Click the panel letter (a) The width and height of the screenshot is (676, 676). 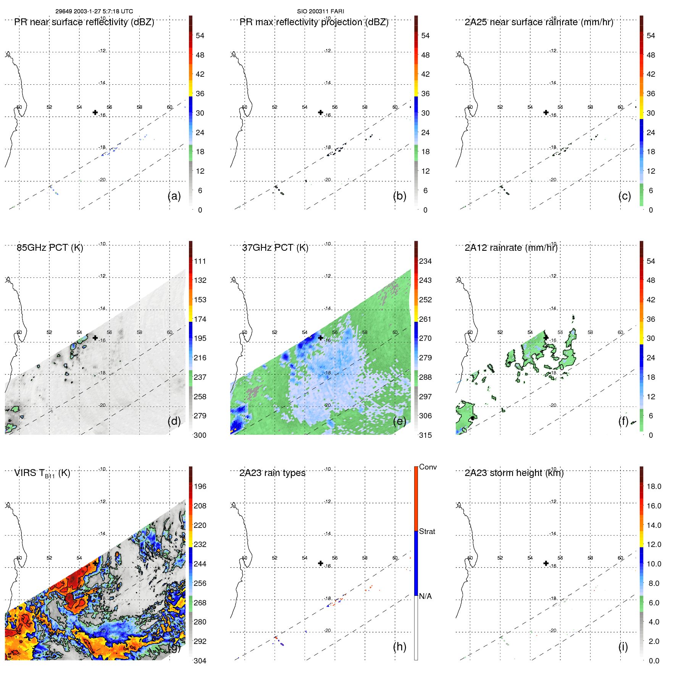pos(174,196)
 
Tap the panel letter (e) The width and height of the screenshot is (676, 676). pos(399,421)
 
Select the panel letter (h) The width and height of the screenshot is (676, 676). pos(399,647)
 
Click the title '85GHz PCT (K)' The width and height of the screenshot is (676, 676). pos(50,248)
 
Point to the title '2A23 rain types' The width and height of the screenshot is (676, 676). pos(272,473)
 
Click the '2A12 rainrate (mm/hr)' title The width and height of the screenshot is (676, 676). pos(511,248)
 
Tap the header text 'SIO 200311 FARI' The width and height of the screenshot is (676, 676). pos(321,11)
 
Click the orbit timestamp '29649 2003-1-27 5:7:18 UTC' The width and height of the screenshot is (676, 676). pos(94,11)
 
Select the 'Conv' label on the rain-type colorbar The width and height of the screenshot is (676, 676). pos(428,467)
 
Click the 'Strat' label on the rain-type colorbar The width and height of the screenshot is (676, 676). pos(427,531)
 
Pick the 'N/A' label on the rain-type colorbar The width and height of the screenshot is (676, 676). pos(425,596)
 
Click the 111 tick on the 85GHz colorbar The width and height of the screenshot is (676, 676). pos(200,261)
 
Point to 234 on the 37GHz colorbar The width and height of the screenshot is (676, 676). pos(425,261)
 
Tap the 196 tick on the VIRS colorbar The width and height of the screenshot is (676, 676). pos(200,486)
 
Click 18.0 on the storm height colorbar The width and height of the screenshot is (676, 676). pos(653,486)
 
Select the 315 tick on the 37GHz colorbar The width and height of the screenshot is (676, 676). pos(425,435)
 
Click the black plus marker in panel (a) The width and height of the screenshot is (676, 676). pos(95,112)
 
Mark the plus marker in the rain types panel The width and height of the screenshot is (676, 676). pos(321,563)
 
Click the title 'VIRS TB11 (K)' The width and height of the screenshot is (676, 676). pos(42,473)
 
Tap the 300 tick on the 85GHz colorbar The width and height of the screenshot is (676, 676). pos(200,435)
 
